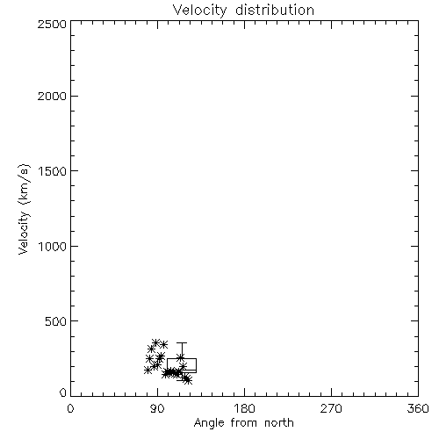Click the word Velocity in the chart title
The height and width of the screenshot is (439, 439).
point(200,11)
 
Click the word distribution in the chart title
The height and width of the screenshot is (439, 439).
point(275,10)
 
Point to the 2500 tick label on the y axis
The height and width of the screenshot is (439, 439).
point(52,24)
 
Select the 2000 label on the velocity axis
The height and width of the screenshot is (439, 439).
point(52,96)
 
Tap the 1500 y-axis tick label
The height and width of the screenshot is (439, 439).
point(53,171)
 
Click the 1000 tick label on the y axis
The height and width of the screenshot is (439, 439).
point(53,246)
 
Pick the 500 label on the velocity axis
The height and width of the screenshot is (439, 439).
point(56,321)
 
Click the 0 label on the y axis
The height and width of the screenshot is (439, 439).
point(63,392)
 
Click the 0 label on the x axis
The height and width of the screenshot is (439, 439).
point(70,408)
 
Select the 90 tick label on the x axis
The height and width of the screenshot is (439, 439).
point(157,408)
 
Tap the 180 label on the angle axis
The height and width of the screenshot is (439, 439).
point(244,408)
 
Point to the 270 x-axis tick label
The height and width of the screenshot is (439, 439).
point(331,408)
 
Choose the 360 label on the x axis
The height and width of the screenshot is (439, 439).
point(418,408)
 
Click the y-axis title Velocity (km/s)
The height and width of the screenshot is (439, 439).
point(24,209)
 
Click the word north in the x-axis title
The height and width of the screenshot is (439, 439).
point(279,423)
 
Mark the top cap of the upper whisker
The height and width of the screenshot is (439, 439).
point(182,342)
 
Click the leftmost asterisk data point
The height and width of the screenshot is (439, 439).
point(148,370)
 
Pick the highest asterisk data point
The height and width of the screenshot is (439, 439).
point(155,342)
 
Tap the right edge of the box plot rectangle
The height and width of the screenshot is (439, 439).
point(196,365)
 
